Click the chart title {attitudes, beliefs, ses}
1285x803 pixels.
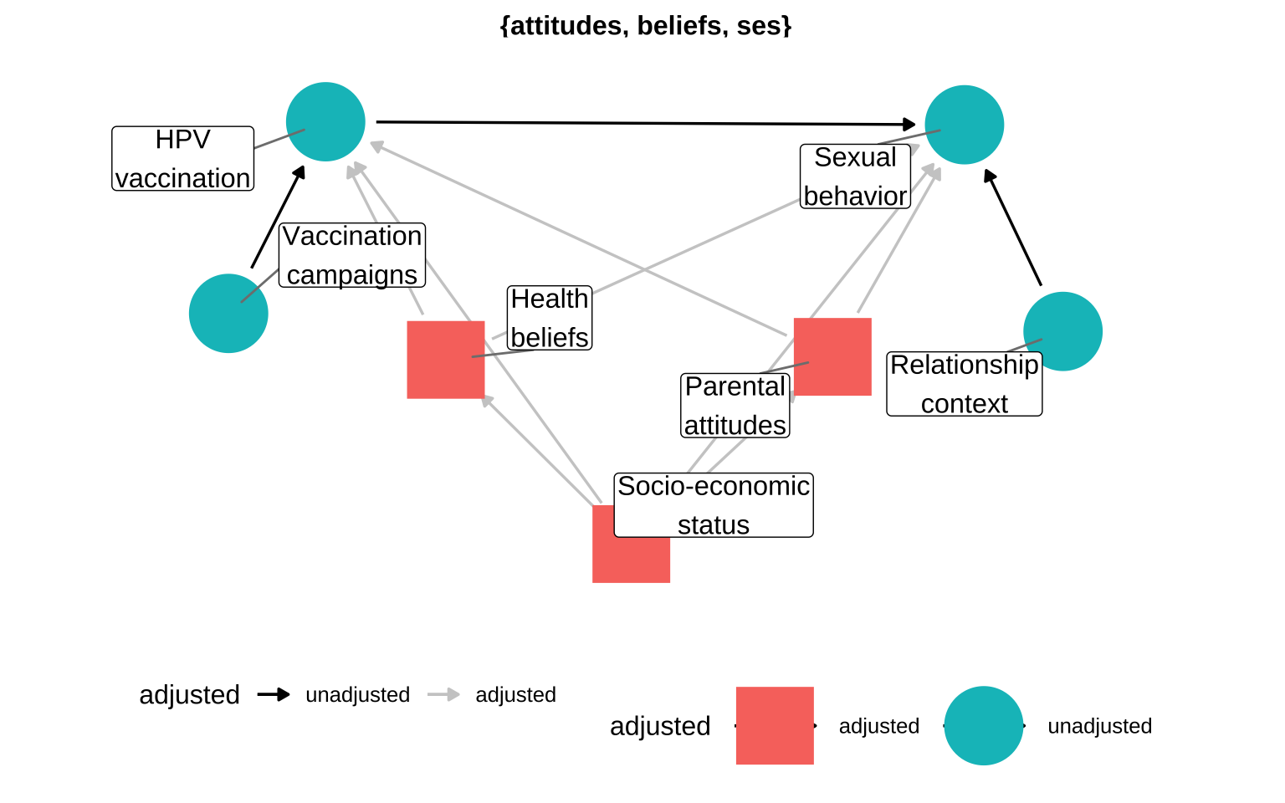point(645,26)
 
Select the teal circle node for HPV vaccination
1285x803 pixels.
point(325,121)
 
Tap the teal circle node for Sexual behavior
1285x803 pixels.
point(964,125)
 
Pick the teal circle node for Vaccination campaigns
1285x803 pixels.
point(228,314)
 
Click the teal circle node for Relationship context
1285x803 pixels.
point(1062,331)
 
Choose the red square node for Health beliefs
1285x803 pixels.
point(446,360)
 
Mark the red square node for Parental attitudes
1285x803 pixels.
point(832,356)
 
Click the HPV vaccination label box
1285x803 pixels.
point(183,159)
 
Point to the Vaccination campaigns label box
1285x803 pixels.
point(352,255)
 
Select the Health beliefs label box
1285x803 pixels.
point(550,318)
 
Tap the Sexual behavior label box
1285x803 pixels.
point(855,176)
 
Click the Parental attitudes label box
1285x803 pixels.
point(735,406)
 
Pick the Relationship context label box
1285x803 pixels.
point(964,384)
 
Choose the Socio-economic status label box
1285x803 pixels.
point(714,505)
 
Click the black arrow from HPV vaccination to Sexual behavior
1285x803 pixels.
point(644,124)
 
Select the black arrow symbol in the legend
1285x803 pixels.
point(274,694)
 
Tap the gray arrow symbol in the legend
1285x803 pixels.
point(443,694)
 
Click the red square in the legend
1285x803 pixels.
point(775,726)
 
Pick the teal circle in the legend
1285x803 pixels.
point(984,726)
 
